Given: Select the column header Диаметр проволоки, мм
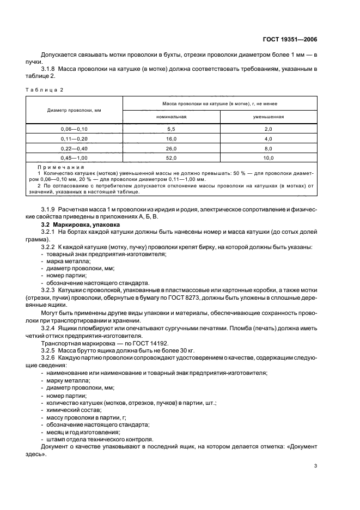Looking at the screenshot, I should coord(74,110).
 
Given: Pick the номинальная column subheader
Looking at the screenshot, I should coord(172,117).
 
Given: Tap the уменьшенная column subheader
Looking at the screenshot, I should coord(268,117).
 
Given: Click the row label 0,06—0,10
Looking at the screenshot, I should coord(74,129).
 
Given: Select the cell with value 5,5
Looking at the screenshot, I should coord(172,129).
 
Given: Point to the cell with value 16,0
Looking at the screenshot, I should coord(172,138).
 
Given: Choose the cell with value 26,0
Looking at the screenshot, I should coord(172,148).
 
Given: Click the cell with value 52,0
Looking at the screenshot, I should coord(172,158).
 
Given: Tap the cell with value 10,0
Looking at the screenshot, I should coord(268,158).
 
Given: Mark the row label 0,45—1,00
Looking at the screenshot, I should coord(74,158).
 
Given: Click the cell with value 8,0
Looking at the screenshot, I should coord(268,148).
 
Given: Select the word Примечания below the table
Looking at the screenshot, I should coord(60,168).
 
